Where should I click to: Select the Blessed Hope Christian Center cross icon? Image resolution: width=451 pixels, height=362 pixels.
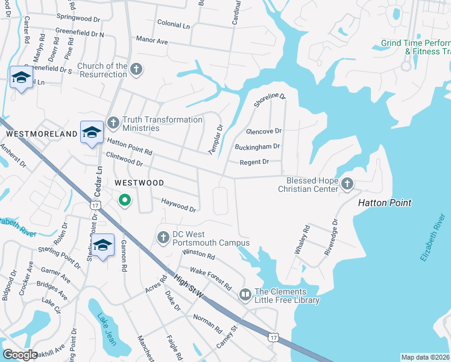347,183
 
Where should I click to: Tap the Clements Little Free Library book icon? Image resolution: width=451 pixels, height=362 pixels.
245,295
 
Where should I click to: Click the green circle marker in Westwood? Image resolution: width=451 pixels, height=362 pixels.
124,200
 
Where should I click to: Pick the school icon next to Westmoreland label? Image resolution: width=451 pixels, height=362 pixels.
92,132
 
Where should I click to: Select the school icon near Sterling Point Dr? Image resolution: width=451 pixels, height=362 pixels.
103,245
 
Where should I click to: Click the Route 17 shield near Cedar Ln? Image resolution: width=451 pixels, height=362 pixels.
95,206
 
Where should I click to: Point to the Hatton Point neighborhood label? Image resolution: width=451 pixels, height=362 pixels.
385,203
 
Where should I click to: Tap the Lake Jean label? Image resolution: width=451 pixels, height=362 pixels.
106,331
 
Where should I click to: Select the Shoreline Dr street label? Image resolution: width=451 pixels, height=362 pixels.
269,96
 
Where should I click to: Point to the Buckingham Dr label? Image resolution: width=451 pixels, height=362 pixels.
257,147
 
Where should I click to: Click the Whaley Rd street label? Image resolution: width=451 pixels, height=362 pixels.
302,240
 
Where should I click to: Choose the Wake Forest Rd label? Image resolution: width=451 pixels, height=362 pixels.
210,278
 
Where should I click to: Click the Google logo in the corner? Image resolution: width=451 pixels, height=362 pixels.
20,355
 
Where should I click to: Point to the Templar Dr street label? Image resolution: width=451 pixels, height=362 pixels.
216,140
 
